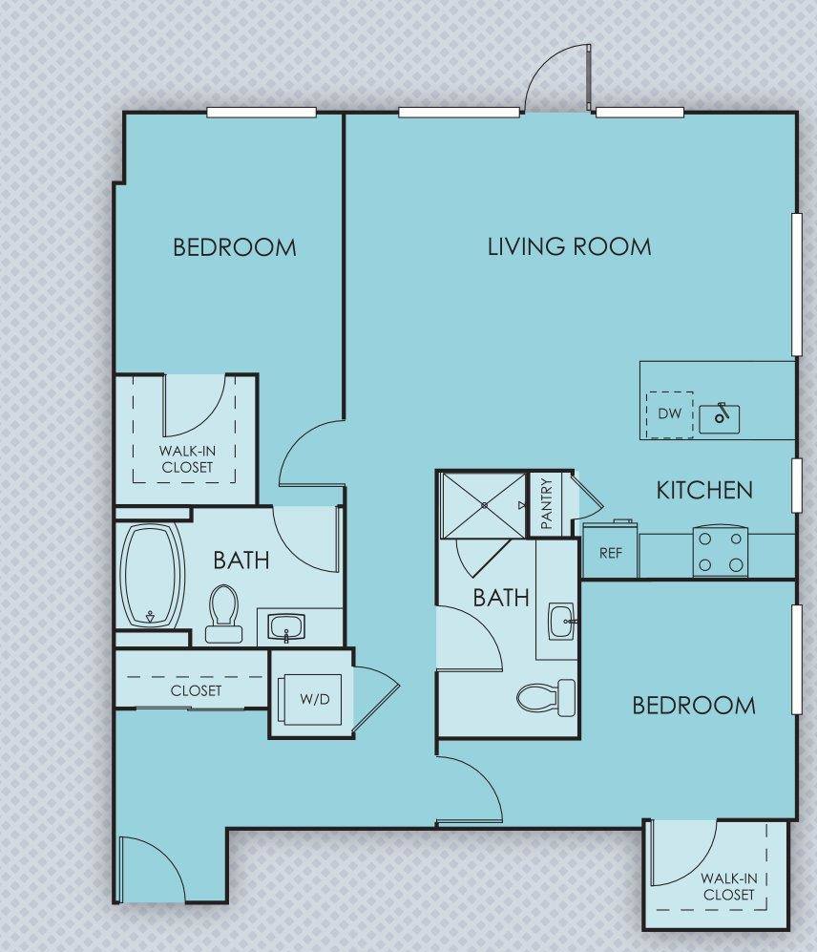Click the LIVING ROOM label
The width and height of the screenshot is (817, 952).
pyautogui.click(x=569, y=246)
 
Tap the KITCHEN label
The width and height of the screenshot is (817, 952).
pyautogui.click(x=704, y=491)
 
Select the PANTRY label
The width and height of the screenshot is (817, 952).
pyautogui.click(x=547, y=503)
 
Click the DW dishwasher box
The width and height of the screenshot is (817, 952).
pyautogui.click(x=669, y=414)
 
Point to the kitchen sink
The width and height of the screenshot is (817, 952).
pyautogui.click(x=721, y=416)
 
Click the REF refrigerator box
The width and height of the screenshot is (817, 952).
pyautogui.click(x=611, y=552)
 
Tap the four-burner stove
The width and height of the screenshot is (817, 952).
pyautogui.click(x=721, y=552)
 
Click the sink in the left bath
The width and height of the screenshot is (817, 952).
pyautogui.click(x=285, y=627)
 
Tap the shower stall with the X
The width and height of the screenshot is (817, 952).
pyautogui.click(x=483, y=504)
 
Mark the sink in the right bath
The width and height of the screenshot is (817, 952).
pyautogui.click(x=561, y=620)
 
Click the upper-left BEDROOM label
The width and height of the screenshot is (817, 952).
pyautogui.click(x=235, y=247)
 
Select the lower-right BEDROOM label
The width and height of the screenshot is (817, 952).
pyautogui.click(x=694, y=706)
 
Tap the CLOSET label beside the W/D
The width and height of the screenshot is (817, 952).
pyautogui.click(x=197, y=690)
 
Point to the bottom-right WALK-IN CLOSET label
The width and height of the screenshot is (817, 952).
pyautogui.click(x=728, y=887)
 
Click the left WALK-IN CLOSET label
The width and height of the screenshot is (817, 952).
pyautogui.click(x=187, y=459)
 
